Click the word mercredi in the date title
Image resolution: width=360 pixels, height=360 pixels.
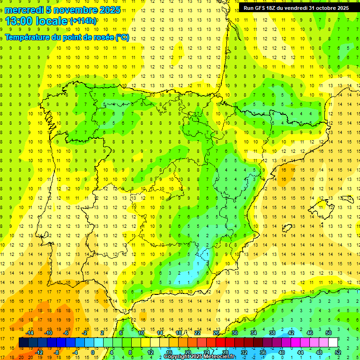coord(24,10)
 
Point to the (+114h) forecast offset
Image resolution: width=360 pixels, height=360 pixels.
coord(83,21)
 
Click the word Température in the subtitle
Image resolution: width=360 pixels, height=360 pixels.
coord(29,37)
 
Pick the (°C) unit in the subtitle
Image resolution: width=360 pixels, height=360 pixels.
coord(123,37)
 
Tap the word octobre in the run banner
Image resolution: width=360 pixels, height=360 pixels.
coord(324,8)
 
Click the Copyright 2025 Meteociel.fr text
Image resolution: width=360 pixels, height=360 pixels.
coord(199,357)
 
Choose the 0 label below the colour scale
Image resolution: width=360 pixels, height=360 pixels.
coord(93,352)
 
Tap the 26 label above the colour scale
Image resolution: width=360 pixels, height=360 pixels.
coord(216,333)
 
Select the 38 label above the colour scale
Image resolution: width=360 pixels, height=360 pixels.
coord(272,333)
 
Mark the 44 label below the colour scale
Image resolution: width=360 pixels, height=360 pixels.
coord(300,352)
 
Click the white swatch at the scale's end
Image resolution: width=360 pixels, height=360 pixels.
coord(333,342)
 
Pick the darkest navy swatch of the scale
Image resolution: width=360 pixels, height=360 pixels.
coord(23,342)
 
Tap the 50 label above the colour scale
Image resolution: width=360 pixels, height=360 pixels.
coord(329,333)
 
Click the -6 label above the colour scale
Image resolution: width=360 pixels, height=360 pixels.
coord(66,333)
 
